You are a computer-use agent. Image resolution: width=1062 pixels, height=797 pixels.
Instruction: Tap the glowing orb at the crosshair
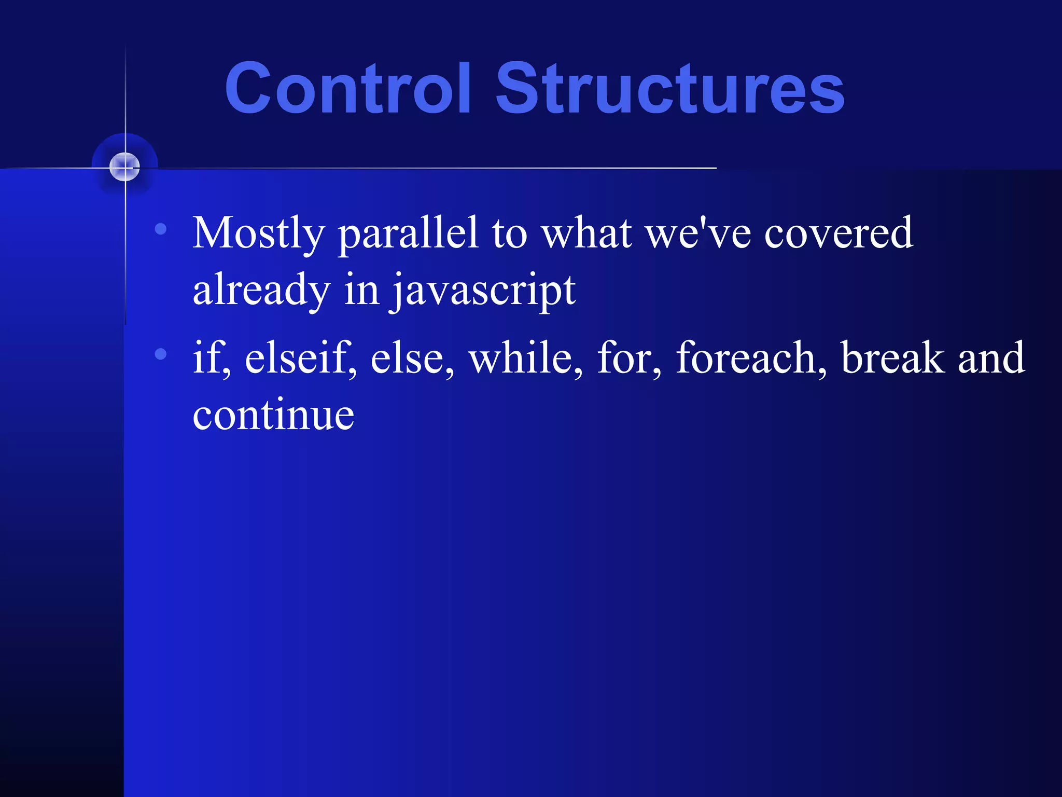click(125, 167)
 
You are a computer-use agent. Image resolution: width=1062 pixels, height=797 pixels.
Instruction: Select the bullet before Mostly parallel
click(161, 228)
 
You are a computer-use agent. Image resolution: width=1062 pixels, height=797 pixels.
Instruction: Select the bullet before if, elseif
click(161, 354)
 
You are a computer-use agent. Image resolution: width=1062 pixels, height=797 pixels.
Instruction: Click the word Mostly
click(258, 233)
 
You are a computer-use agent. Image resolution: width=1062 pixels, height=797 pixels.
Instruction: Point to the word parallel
click(408, 233)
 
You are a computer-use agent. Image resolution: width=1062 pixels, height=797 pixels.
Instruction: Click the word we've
click(698, 233)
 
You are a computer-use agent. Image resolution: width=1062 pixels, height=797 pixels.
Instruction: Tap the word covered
click(839, 233)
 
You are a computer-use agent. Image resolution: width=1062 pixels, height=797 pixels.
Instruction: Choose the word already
click(261, 291)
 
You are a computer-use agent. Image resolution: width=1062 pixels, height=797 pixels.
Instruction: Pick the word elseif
click(300, 358)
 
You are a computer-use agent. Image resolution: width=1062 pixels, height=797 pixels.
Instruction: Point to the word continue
click(273, 415)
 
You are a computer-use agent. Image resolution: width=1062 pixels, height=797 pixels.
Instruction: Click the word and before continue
click(991, 358)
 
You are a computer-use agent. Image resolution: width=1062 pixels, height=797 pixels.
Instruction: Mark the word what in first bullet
click(586, 233)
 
